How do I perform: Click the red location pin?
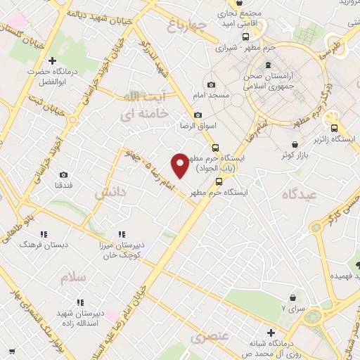point(180,165)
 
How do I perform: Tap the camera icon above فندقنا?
point(63,174)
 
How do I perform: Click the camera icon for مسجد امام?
point(212,85)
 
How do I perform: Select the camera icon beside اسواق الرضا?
point(198,115)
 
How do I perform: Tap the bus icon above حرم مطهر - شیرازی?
point(245,37)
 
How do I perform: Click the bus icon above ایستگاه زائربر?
point(335,128)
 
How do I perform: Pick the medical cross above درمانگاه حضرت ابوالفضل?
point(51,61)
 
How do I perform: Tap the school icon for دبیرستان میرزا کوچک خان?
point(122,234)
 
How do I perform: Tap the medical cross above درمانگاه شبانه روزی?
point(271,333)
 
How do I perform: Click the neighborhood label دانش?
point(110,192)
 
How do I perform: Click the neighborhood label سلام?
point(72,278)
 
